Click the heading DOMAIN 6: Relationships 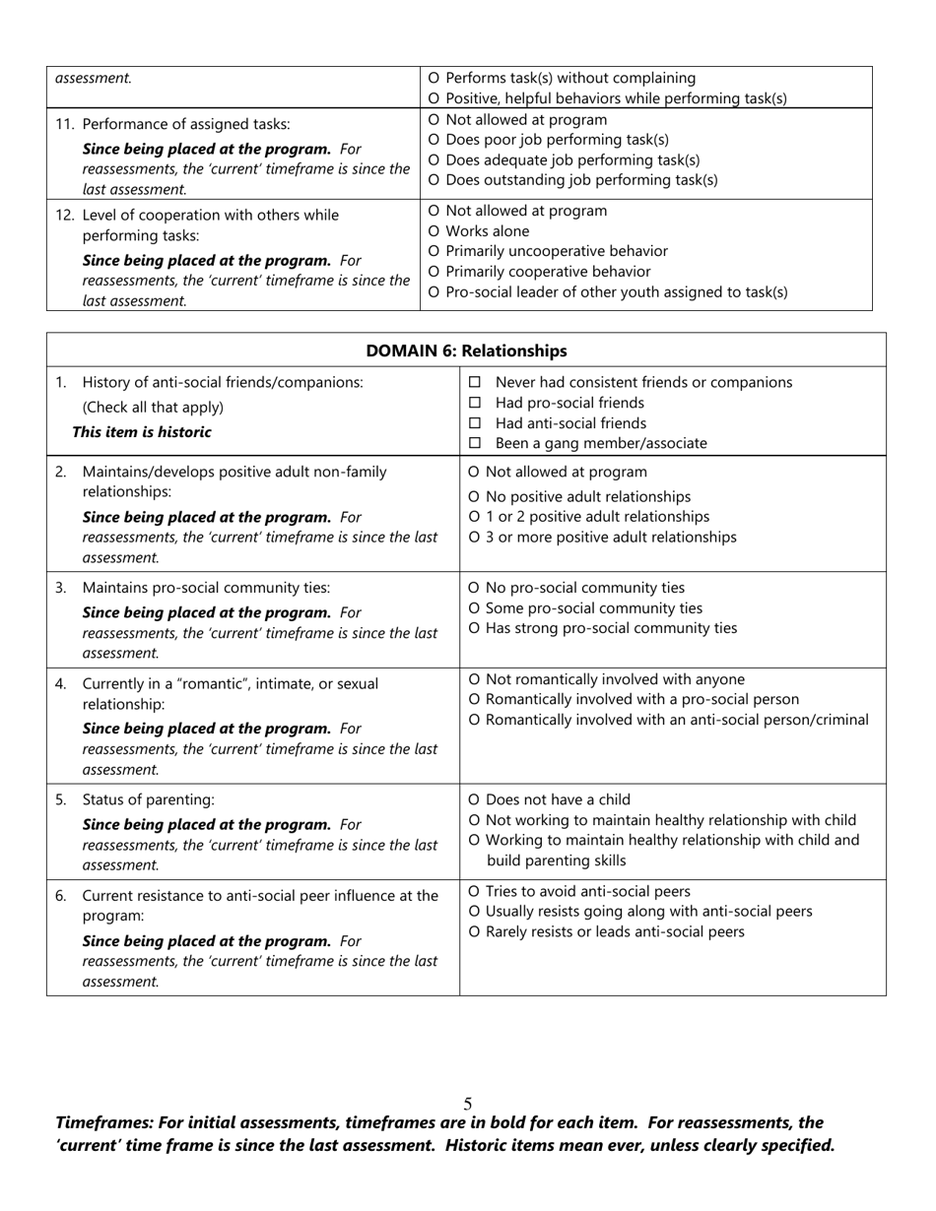tap(466, 351)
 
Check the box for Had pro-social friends tap(475, 403)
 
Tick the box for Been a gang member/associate tap(475, 443)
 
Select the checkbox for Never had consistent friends tap(475, 382)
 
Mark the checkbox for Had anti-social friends tap(475, 423)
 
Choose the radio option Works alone tap(435, 231)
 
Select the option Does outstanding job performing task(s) tap(435, 180)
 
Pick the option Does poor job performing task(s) tap(435, 140)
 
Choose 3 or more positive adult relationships tap(475, 538)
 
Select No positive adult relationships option tap(475, 497)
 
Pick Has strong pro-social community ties tap(475, 628)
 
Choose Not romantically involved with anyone tap(475, 679)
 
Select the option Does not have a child tap(475, 799)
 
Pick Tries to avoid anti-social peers tap(475, 891)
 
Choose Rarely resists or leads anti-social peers tap(475, 931)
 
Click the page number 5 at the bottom tap(468, 1105)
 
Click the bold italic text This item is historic tap(141, 432)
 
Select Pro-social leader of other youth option tap(435, 292)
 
